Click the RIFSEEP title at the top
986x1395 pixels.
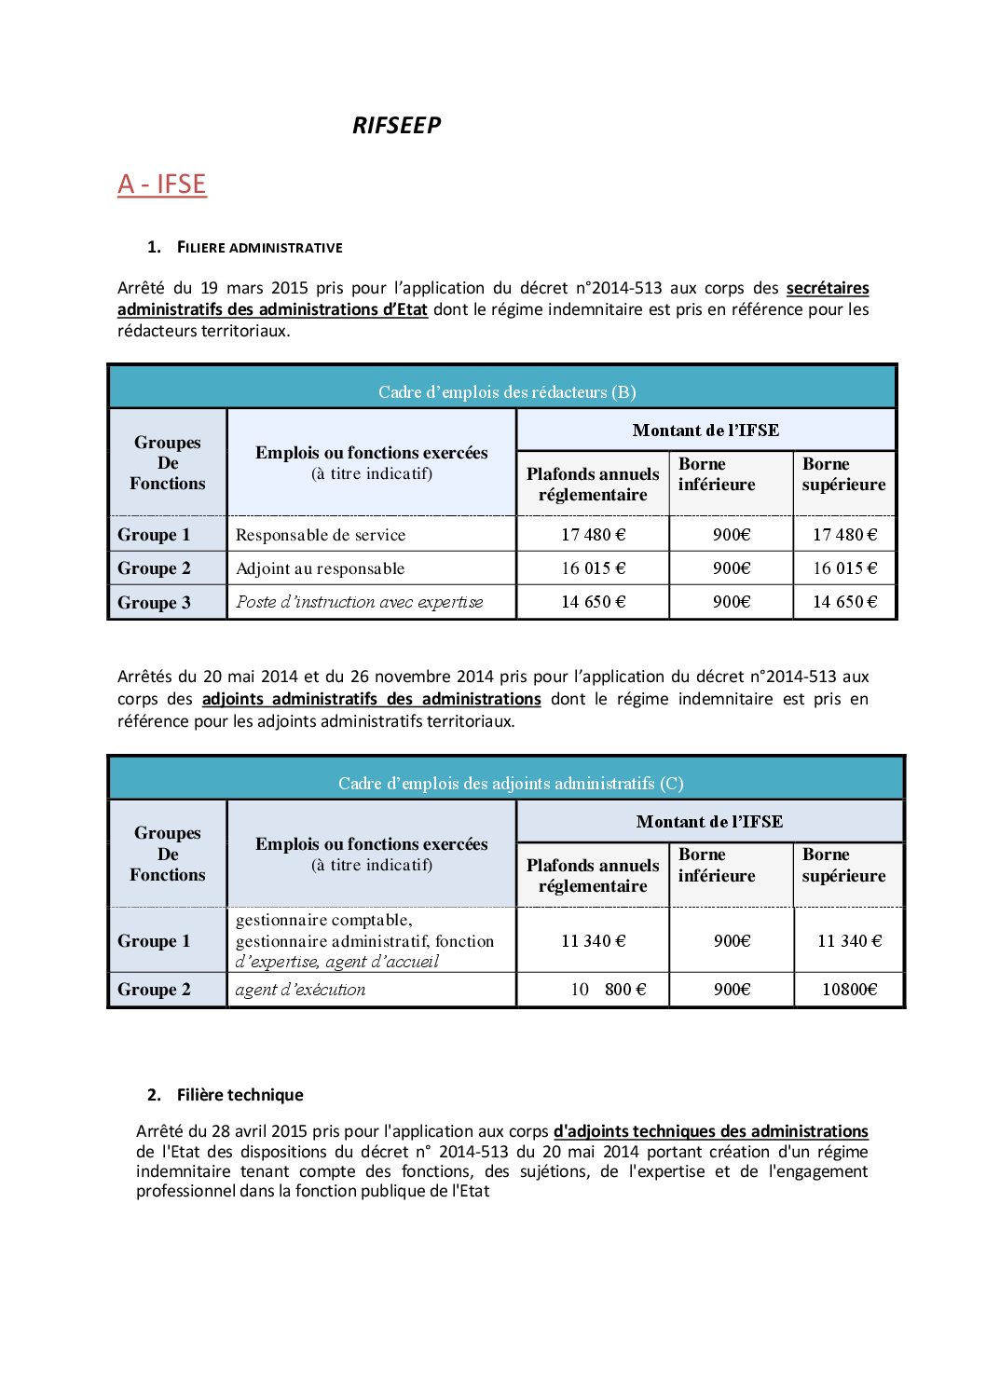396,126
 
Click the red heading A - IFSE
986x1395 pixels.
161,185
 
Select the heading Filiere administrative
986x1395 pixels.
259,248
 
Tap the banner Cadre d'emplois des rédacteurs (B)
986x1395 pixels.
506,392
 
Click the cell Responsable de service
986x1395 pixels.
320,535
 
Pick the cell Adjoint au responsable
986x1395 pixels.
320,568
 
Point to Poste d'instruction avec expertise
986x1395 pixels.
359,602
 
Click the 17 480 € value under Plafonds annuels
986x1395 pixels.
593,535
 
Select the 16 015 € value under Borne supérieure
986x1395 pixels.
844,568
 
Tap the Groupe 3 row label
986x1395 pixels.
154,603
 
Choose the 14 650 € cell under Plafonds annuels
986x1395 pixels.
593,602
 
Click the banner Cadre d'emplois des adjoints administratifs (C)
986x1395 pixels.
511,784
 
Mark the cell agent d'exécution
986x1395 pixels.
300,990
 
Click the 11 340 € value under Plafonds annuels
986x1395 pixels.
593,941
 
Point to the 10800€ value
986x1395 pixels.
848,990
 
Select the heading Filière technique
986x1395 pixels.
240,1095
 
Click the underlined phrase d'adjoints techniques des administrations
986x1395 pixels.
710,1131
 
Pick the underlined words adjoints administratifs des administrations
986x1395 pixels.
371,699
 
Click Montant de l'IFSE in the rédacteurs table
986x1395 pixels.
705,431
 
